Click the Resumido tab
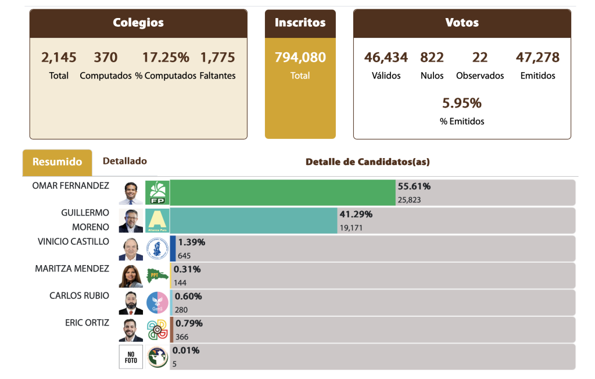tap(57, 162)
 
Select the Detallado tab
tap(125, 161)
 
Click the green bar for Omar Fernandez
tap(282, 192)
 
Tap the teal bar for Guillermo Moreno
tap(253, 220)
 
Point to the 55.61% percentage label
tap(414, 187)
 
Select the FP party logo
tap(157, 192)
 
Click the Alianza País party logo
tap(157, 220)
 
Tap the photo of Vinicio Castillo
tap(131, 248)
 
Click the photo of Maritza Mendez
tap(131, 276)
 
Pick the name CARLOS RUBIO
tap(79, 296)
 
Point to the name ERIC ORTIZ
tap(87, 323)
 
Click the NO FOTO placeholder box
tap(131, 357)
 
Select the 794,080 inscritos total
tap(300, 58)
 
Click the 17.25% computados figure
tap(166, 58)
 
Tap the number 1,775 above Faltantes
tap(217, 58)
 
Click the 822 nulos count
tap(432, 58)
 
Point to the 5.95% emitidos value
tap(462, 103)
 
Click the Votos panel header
tap(462, 23)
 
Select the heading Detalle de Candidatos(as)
tap(368, 162)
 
